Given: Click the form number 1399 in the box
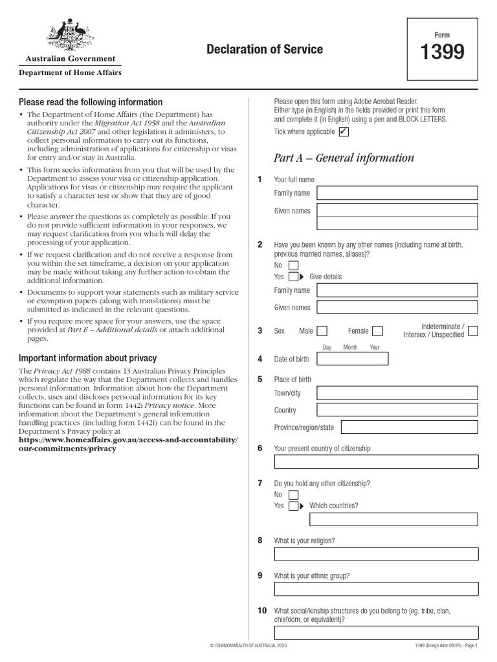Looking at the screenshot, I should tap(443, 52).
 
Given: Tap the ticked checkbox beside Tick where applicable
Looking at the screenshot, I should tap(344, 132).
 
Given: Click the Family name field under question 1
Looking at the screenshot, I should tap(397, 193).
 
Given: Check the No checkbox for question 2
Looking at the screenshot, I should tap(293, 265).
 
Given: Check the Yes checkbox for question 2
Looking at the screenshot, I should tap(293, 277).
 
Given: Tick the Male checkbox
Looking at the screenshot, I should tap(322, 331).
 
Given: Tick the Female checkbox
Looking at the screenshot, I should tap(377, 331).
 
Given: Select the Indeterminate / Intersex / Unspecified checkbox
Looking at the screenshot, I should tap(473, 331).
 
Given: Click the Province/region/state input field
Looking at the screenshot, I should tap(409, 427).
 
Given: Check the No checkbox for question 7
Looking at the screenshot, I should tap(293, 495).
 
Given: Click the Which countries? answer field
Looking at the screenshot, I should tap(393, 520).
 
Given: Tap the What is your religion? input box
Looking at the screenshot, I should tap(376, 555).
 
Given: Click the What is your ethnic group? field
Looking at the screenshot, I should tap(376, 589).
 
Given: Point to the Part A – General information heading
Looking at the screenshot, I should tap(344, 158).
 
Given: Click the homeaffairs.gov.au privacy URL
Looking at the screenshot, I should tap(128, 444).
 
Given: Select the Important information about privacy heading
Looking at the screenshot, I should tap(87, 358).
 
